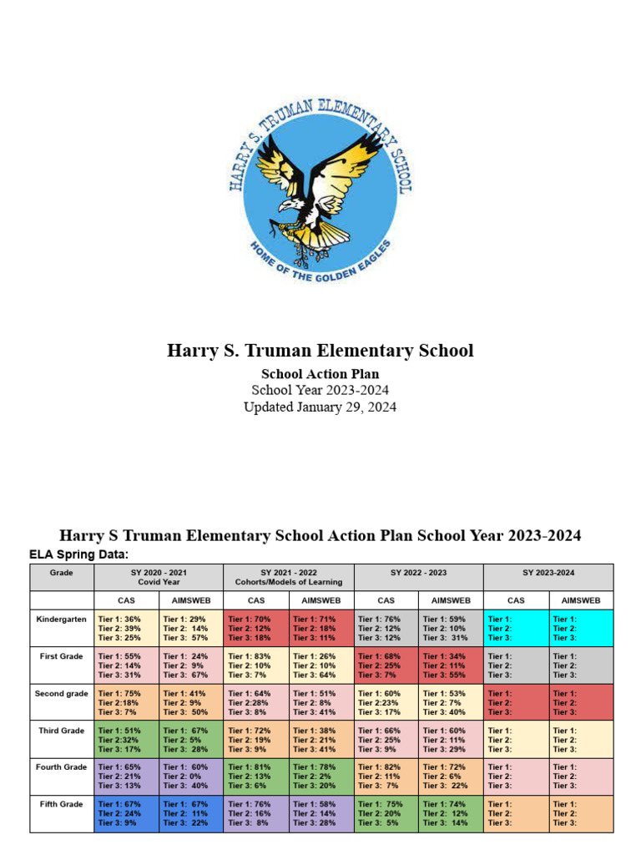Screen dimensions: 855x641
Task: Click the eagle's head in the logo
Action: click(289, 205)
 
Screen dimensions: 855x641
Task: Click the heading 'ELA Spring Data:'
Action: click(78, 554)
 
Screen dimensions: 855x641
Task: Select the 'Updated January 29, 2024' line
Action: click(320, 407)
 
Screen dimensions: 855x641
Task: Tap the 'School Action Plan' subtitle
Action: click(320, 374)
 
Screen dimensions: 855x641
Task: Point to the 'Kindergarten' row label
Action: click(61, 620)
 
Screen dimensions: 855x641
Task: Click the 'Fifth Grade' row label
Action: click(61, 804)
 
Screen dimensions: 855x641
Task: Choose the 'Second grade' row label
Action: click(61, 694)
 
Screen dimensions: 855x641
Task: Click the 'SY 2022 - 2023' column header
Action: click(418, 573)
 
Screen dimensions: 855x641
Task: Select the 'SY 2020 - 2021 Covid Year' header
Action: click(159, 577)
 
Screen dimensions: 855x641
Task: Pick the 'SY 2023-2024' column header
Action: click(548, 573)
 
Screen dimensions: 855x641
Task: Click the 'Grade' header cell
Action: click(62, 573)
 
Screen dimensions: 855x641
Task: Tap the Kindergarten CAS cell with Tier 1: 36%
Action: click(126, 628)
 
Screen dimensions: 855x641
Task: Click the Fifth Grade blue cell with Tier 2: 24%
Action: click(126, 813)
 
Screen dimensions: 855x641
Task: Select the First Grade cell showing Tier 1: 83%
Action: click(256, 665)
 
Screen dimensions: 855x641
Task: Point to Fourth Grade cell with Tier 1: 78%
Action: click(321, 777)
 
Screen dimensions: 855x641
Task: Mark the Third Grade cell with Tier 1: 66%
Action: click(386, 739)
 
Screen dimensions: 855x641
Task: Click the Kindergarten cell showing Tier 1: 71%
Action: click(321, 628)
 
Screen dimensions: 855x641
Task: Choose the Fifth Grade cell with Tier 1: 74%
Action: click(452, 813)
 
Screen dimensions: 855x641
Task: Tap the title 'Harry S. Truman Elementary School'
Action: click(320, 351)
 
